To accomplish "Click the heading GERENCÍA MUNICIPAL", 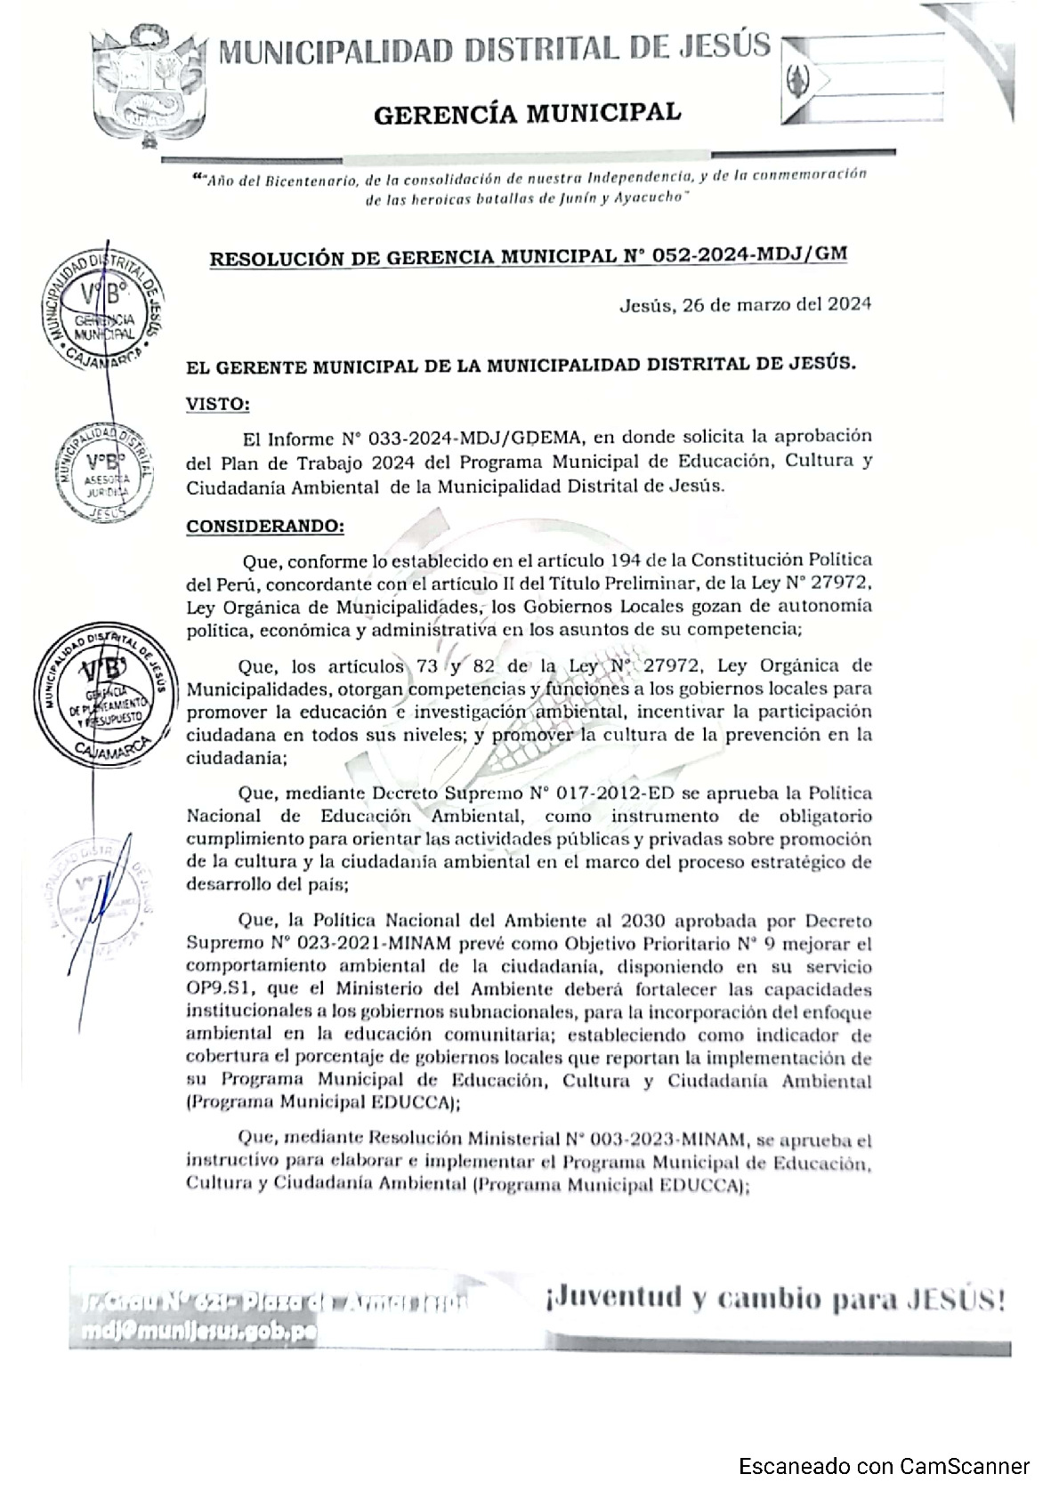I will tap(527, 113).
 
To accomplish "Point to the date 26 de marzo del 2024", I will tap(773, 304).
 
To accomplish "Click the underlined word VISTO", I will tap(217, 404).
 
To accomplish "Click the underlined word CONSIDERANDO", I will tap(264, 526).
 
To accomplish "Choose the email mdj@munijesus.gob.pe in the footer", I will tap(196, 1332).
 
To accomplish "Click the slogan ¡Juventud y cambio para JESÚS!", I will tap(772, 1300).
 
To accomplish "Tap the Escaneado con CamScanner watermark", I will tap(884, 1466).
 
